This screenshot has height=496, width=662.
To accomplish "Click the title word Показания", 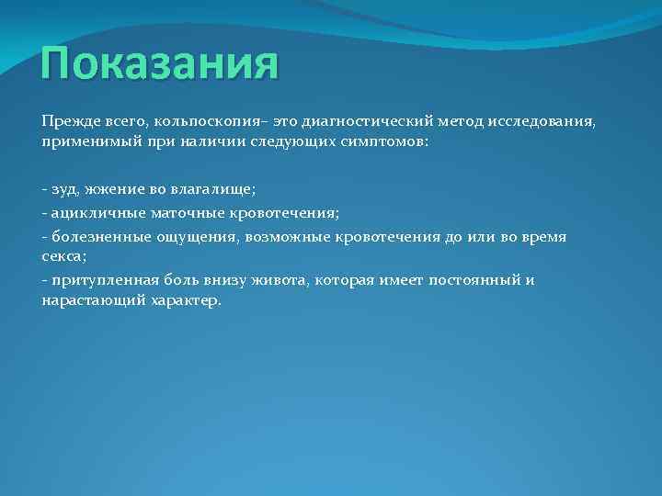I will click(159, 65).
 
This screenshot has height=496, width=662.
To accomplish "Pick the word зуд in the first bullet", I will click(64, 189).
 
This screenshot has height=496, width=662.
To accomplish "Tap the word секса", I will click(62, 258).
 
